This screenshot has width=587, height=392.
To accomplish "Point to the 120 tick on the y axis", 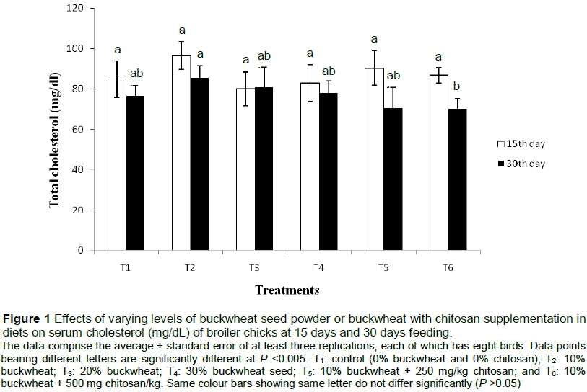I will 71,8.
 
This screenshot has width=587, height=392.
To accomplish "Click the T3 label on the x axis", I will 254,267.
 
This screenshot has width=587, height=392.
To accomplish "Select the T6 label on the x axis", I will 447,267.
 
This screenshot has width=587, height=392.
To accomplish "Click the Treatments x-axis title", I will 287,290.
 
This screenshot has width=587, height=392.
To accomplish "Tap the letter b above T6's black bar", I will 456,86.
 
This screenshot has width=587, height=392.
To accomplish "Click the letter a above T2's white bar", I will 182,30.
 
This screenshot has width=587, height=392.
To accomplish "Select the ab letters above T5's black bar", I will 393,76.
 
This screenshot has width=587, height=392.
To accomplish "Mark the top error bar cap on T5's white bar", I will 374,50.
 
